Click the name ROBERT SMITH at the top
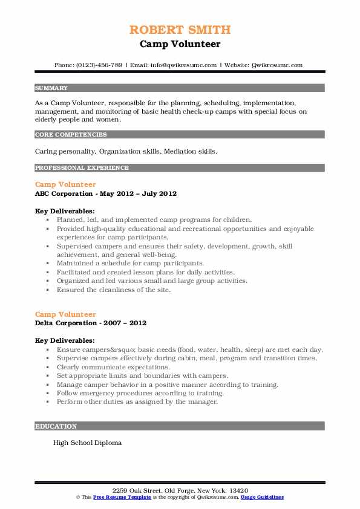(x=180, y=30)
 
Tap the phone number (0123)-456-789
(x=97, y=65)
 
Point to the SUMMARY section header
(x=51, y=88)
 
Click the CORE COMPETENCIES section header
(x=63, y=134)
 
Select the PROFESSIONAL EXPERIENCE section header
(x=82, y=167)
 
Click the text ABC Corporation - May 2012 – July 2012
(x=106, y=193)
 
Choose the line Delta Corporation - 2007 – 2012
(x=91, y=323)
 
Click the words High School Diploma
(x=87, y=443)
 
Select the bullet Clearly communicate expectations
(x=113, y=367)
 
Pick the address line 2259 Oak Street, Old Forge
(x=180, y=490)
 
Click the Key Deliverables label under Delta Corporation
(x=65, y=340)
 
